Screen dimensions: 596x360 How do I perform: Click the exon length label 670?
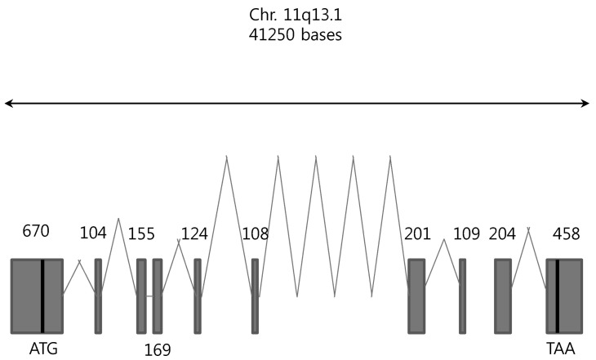(x=36, y=231)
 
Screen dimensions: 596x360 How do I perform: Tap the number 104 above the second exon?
(x=93, y=233)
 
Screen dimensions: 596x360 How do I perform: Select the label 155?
(x=141, y=233)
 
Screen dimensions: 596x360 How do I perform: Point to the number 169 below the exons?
(x=158, y=349)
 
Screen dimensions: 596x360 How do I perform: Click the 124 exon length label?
(x=194, y=233)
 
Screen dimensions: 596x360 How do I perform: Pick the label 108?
(x=256, y=233)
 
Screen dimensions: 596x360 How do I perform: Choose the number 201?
(x=417, y=233)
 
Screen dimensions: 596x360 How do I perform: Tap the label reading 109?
(x=466, y=233)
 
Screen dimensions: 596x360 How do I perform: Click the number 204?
(x=502, y=233)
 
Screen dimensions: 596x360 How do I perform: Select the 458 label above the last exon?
(x=567, y=233)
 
